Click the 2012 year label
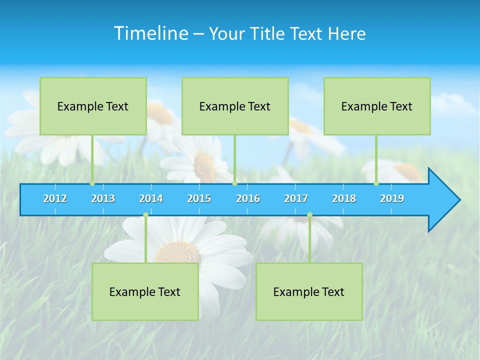click(x=55, y=198)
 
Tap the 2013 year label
click(x=103, y=198)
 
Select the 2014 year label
click(x=151, y=198)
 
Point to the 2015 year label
click(x=199, y=198)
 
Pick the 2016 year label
click(x=248, y=198)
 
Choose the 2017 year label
click(x=296, y=198)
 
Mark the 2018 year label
click(x=344, y=198)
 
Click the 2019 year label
click(x=392, y=198)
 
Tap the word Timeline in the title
click(x=150, y=33)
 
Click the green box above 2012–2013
click(x=93, y=106)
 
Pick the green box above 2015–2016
click(x=235, y=106)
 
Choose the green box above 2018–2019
click(x=377, y=106)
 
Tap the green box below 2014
click(x=145, y=291)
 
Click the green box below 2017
click(x=309, y=291)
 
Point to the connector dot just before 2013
click(x=92, y=183)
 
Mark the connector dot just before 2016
click(x=234, y=183)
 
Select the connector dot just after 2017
click(x=309, y=215)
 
